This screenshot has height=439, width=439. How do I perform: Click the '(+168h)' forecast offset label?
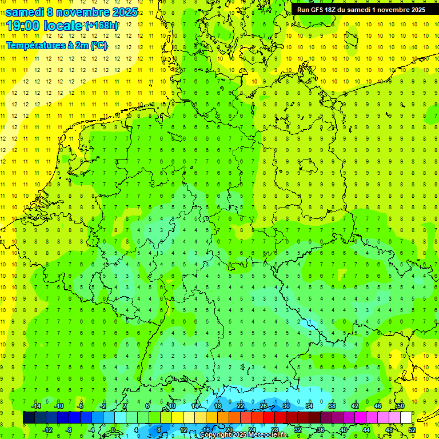[102, 26]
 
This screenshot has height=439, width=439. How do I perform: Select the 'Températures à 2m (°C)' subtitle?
[56, 45]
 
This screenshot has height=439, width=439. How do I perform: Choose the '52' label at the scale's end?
[412, 429]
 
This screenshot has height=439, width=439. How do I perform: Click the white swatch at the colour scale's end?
[406, 418]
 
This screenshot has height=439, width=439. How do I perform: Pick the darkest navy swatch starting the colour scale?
[29, 418]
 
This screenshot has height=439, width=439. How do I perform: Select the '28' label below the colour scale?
[274, 429]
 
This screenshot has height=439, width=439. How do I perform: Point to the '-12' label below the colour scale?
[47, 429]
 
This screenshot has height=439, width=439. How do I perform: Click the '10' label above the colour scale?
[171, 406]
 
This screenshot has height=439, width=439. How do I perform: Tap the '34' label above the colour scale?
[309, 406]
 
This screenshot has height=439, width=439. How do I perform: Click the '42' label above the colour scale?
[354, 406]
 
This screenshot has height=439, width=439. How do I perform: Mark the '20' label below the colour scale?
[229, 429]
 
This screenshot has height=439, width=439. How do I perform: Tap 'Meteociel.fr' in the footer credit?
[268, 435]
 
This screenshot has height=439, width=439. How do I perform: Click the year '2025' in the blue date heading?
[122, 12]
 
